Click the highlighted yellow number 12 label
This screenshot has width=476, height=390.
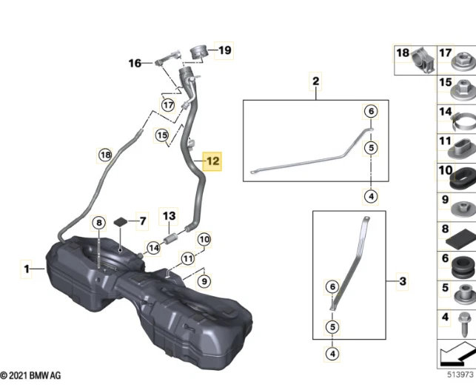pos(212,160)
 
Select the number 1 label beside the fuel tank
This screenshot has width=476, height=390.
pos(27,269)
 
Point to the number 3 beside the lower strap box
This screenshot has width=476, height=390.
pos(403,281)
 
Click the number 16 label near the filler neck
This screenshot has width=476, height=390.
pos(135,64)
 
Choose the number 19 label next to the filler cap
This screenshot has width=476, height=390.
pos(224,50)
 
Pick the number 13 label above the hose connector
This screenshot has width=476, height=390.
pos(170,217)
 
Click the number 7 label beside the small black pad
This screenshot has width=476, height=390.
pos(142,221)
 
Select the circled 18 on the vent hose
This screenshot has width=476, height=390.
pos(105,155)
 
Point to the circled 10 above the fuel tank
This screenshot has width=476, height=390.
pos(204,239)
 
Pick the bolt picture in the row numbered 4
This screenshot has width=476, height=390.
pos(462,320)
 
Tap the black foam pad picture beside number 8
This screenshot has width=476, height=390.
pos(460,235)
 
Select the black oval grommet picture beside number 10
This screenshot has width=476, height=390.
pos(461,178)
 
